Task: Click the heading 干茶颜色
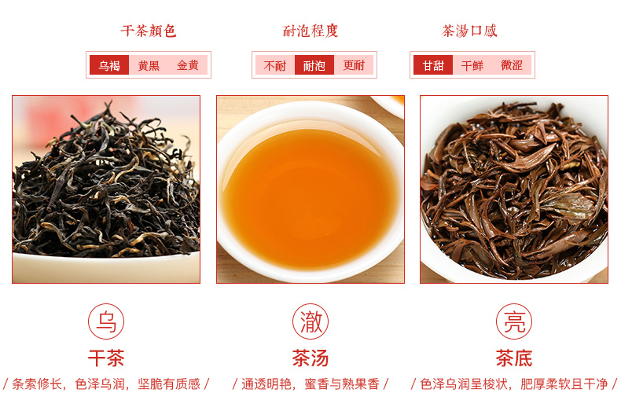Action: click(x=149, y=31)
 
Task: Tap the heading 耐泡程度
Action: click(x=310, y=31)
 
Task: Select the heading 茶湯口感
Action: click(x=469, y=31)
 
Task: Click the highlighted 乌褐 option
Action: click(x=109, y=65)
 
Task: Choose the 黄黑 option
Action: click(x=149, y=65)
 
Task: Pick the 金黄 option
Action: click(x=188, y=65)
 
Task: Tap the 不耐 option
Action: click(x=275, y=65)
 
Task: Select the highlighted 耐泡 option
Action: click(x=314, y=65)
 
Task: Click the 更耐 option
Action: click(x=353, y=65)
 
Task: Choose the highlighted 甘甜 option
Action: click(x=433, y=65)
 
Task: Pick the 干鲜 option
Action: click(x=472, y=65)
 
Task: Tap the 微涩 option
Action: click(x=511, y=65)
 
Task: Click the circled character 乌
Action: click(x=106, y=321)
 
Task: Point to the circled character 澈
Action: click(x=310, y=321)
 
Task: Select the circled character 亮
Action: click(x=514, y=321)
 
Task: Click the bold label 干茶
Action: click(x=106, y=358)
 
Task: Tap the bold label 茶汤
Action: click(x=310, y=358)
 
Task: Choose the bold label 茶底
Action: click(x=514, y=358)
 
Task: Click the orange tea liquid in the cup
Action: click(x=310, y=198)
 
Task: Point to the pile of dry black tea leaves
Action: click(x=106, y=182)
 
